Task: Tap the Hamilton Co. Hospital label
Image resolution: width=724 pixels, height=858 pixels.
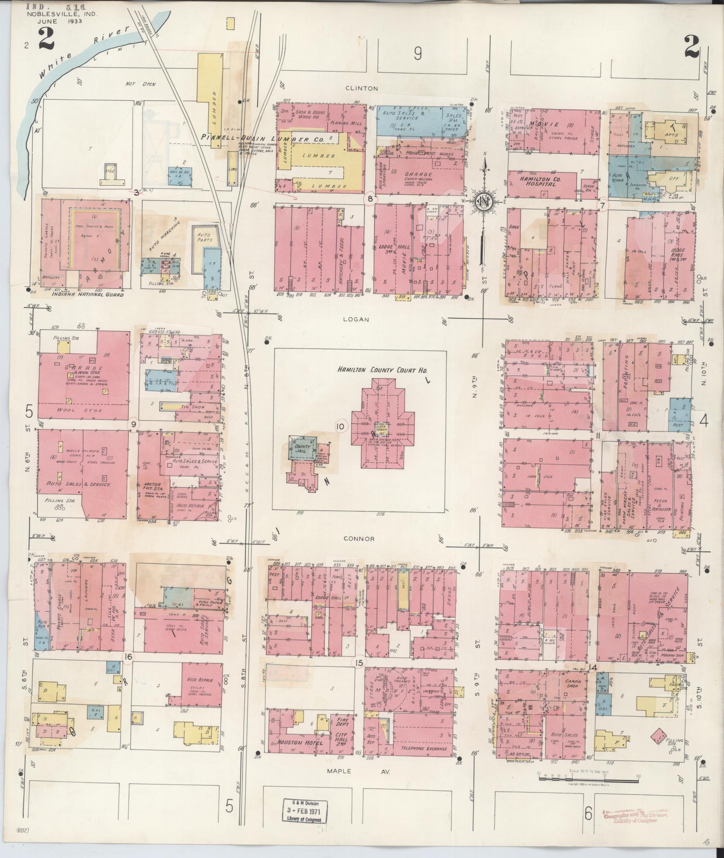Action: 542,181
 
